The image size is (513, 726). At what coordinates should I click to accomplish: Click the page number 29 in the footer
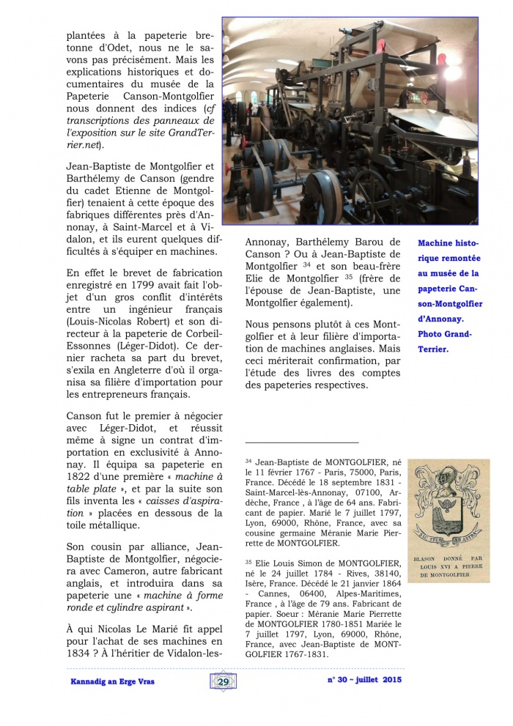[221, 681]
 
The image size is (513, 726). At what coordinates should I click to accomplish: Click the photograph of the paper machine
[350, 120]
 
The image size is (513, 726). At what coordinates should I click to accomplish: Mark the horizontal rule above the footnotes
[302, 442]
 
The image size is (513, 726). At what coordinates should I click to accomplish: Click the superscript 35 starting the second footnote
[248, 562]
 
